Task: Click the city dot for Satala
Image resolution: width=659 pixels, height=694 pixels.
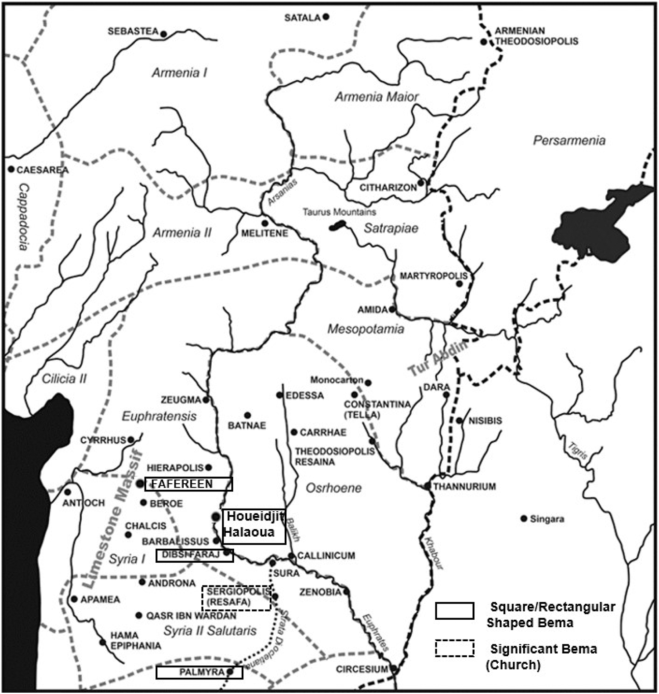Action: point(326,17)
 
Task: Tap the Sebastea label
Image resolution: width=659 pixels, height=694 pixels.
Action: point(133,32)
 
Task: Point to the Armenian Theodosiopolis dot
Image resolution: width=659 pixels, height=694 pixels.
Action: point(484,42)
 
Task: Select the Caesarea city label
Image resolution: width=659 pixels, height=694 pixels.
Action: point(43,170)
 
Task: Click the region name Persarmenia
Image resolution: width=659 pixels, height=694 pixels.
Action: point(569,141)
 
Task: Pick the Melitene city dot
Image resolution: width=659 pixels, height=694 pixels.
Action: point(265,223)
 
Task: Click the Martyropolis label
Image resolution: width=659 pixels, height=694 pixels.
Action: point(433,276)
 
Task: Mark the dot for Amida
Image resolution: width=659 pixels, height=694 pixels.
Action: point(392,309)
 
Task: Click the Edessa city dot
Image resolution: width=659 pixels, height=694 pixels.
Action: point(279,395)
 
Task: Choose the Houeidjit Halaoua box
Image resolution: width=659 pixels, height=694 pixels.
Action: point(254,527)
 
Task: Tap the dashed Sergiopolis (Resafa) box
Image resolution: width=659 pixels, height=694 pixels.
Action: point(236,598)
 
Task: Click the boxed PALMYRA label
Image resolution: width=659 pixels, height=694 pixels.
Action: point(199,672)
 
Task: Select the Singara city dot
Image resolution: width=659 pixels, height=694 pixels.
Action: point(524,519)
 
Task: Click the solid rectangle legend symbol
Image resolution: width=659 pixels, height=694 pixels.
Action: point(454,611)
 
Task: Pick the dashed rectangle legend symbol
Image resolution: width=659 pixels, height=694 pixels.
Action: point(454,648)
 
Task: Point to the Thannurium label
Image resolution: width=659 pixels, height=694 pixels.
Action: point(464,487)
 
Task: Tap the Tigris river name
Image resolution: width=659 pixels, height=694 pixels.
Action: point(577,451)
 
